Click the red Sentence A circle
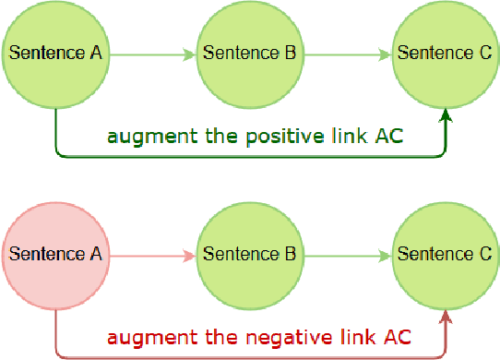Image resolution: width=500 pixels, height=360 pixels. [x=55, y=253]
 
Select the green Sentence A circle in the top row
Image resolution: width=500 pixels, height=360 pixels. [x=55, y=53]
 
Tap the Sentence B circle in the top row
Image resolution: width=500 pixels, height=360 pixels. [x=249, y=53]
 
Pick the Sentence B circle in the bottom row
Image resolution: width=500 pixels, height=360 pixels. [x=249, y=253]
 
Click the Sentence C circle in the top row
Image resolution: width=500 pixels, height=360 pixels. [x=445, y=53]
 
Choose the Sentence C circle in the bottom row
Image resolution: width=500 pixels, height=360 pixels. [x=445, y=253]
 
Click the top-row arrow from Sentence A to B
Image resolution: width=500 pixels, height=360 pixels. [x=152, y=54]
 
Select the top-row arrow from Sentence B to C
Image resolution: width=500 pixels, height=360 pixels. [x=347, y=54]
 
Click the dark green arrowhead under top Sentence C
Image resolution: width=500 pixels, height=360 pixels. [x=446, y=117]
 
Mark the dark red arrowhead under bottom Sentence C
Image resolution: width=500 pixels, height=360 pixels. [x=446, y=318]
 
